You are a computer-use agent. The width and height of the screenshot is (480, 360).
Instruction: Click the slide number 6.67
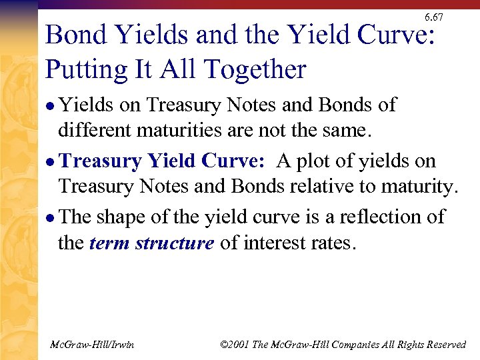tap(433, 17)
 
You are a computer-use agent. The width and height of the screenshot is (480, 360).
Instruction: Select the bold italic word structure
tap(175, 243)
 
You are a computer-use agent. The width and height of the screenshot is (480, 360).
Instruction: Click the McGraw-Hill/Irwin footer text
tap(92, 344)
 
